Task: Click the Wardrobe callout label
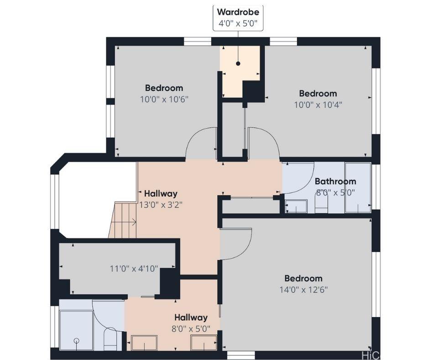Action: click(238, 18)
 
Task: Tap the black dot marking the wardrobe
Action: click(238, 64)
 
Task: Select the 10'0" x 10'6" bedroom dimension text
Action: click(164, 99)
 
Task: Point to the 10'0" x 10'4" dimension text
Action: click(318, 105)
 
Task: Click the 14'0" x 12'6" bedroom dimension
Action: click(303, 290)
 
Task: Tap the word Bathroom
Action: click(335, 181)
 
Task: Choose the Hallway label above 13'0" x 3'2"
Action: click(161, 194)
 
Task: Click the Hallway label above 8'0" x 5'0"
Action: click(191, 318)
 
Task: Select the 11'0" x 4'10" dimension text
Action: click(134, 269)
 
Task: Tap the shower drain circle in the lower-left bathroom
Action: click(77, 340)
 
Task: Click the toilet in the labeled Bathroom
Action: click(321, 204)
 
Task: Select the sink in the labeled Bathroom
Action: click(296, 206)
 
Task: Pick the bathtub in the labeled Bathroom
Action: click(358, 188)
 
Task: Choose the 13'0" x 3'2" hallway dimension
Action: click(161, 205)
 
